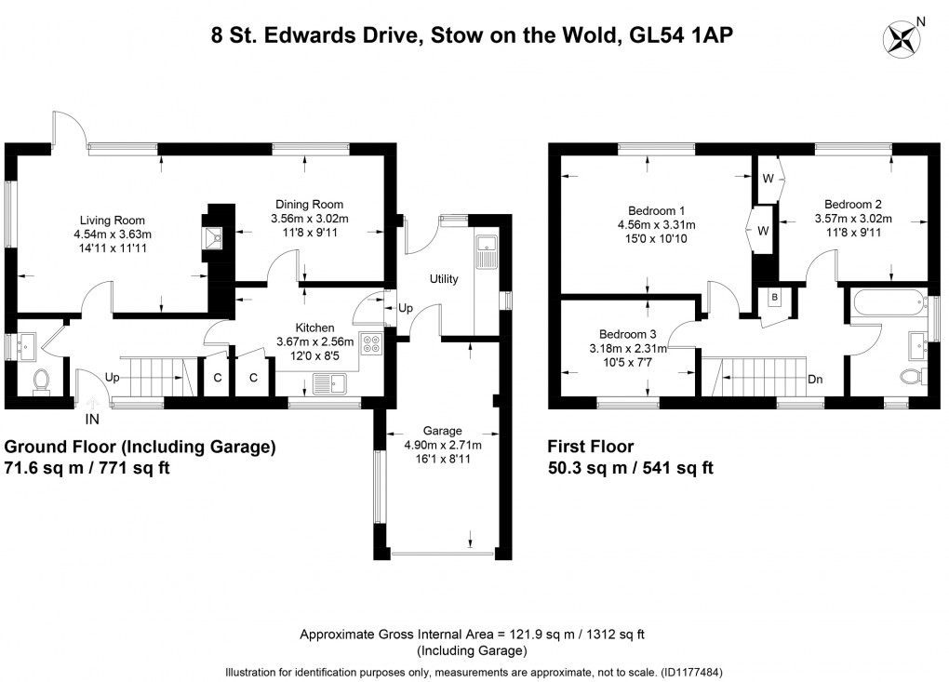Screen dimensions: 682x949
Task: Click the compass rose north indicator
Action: point(902,36)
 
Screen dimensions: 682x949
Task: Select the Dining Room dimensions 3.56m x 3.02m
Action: point(308,220)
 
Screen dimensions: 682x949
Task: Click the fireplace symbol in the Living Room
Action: point(216,239)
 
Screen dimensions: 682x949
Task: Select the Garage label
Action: point(442,431)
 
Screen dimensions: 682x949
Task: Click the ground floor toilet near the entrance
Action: point(40,381)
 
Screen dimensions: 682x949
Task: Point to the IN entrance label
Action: point(92,420)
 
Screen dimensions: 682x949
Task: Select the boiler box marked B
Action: point(774,299)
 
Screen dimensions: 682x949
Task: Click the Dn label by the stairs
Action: point(815,380)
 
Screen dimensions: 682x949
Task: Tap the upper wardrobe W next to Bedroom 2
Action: point(768,178)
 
